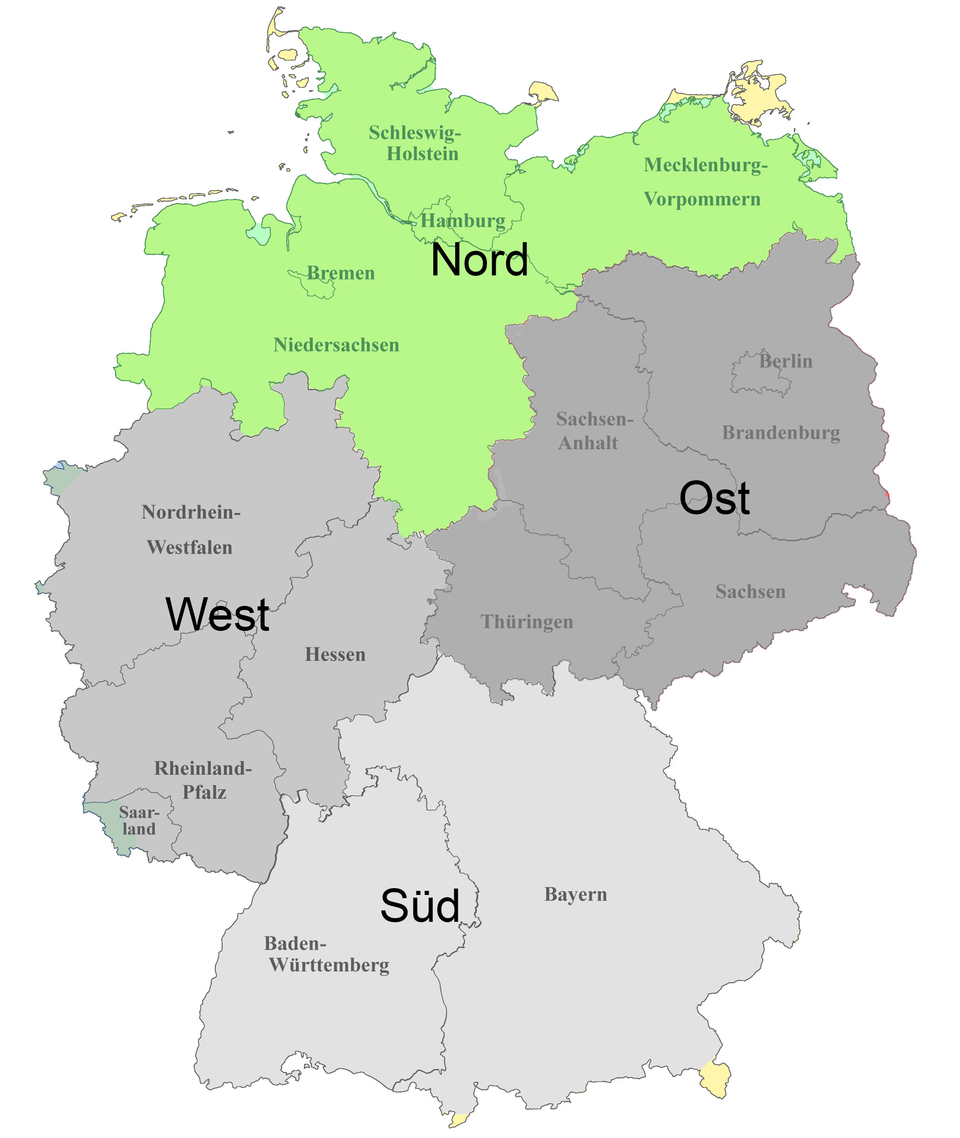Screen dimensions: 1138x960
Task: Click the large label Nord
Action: coord(479,260)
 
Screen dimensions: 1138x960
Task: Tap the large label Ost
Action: coord(714,498)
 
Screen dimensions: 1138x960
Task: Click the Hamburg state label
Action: coord(462,221)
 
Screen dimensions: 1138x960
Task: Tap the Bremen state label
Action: coord(340,273)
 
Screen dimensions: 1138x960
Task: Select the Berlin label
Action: coord(785,361)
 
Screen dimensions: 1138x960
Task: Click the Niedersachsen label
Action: coord(336,345)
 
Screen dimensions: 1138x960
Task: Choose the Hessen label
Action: coord(335,654)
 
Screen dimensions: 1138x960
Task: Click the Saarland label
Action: coord(139,821)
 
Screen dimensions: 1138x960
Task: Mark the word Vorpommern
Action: coord(701,199)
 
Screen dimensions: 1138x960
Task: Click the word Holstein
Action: coord(422,154)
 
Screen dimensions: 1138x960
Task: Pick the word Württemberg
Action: coord(329,965)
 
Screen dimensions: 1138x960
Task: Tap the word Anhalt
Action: coord(588,443)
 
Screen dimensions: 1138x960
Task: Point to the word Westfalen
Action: coord(189,547)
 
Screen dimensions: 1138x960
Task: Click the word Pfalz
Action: coord(204,793)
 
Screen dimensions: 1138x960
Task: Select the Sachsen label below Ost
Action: coord(750,592)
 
